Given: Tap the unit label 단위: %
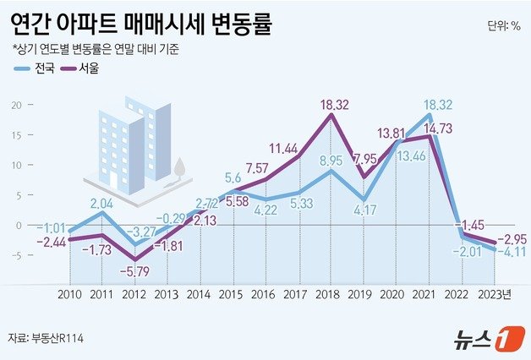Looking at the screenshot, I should (504, 26).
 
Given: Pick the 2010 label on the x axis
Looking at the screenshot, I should (70, 295).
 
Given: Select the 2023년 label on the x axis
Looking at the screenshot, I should (494, 295).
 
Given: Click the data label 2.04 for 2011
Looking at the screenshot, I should (101, 203).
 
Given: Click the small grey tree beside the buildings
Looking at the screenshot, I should (179, 170).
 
